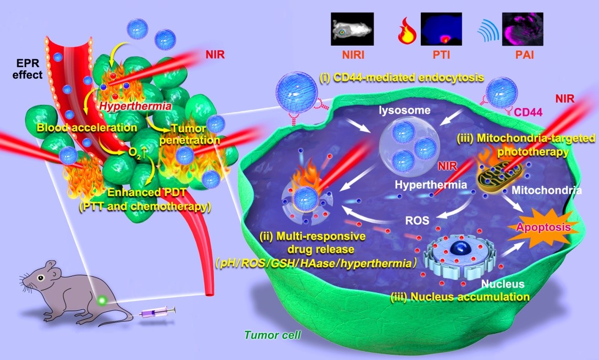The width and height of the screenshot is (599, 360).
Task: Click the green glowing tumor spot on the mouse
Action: tap(102, 300)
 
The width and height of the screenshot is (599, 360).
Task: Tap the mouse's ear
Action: tap(50, 267)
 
